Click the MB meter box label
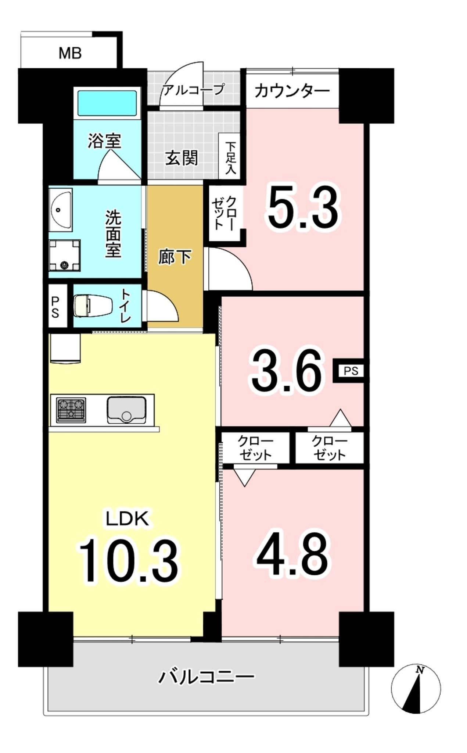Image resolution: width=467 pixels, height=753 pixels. pos(70,54)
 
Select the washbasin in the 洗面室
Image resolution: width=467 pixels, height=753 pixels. pos(61,210)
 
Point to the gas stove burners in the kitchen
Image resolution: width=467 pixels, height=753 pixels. pos(71,410)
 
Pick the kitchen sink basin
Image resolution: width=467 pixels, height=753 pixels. pos(126,410)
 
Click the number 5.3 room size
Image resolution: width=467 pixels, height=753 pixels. pos(302,207)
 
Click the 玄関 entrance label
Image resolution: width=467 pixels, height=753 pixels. pos(182,158)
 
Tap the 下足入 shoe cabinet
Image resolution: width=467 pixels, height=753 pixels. pos(230,156)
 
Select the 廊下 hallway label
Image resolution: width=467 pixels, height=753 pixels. pos(175,257)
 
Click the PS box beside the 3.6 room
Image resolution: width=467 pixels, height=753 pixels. pos(351,371)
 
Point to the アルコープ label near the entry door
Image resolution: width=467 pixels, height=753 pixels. pos(193,89)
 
